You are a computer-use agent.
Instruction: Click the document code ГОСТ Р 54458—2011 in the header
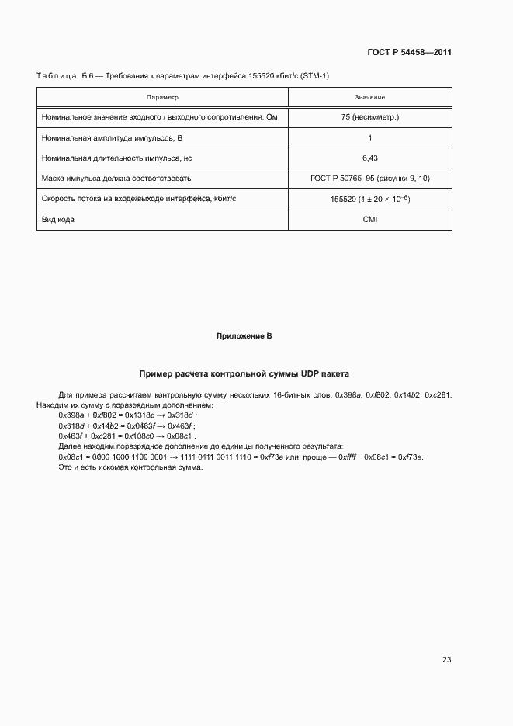[409, 52]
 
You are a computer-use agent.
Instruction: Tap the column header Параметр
[162, 98]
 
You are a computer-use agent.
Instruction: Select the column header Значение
[369, 98]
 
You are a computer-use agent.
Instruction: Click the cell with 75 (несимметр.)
[369, 118]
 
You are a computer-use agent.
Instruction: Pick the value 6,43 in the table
[369, 158]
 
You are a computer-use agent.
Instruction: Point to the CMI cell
[369, 220]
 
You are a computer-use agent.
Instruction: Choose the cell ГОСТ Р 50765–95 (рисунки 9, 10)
[369, 179]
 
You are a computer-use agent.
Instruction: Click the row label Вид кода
[58, 220]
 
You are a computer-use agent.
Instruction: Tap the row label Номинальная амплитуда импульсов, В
[111, 138]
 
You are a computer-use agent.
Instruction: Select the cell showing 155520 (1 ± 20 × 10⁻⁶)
[369, 199]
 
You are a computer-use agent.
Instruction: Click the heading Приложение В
[244, 336]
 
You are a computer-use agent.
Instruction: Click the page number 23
[446, 660]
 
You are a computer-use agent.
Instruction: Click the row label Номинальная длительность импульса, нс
[116, 158]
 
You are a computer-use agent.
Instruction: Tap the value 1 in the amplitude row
[369, 138]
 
